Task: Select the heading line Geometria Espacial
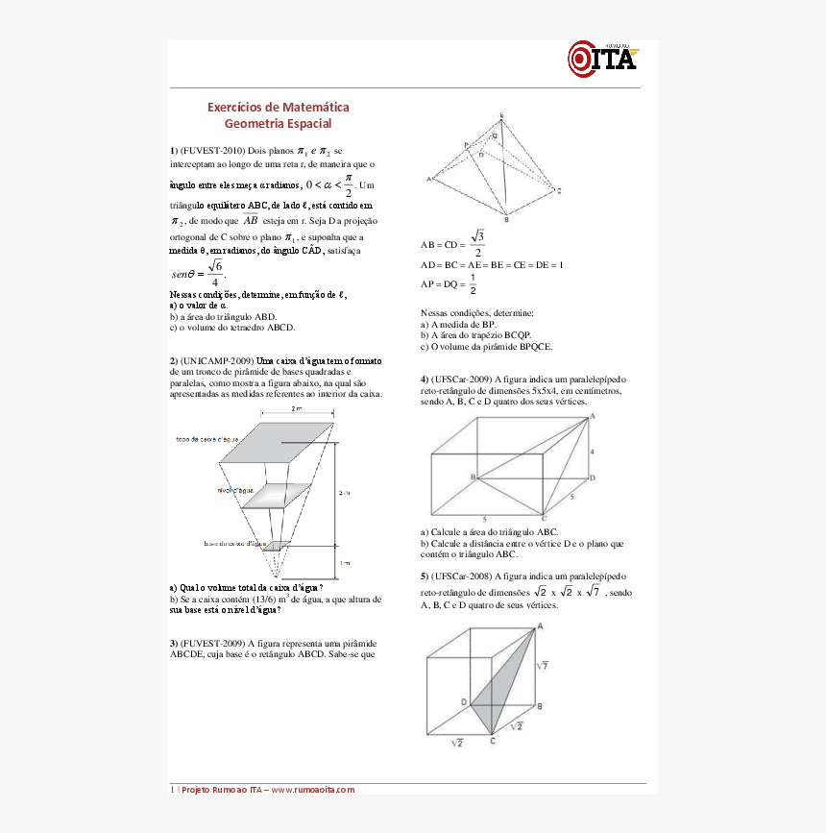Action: [278, 123]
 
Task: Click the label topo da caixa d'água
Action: [206, 439]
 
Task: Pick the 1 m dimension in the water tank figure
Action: [345, 563]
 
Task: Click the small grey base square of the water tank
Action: [277, 546]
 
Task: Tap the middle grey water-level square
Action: [279, 494]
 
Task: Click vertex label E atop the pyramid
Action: [500, 115]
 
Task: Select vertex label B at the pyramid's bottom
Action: [506, 220]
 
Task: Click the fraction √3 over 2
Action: [477, 244]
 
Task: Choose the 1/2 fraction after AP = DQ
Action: [472, 284]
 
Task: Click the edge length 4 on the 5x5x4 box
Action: [593, 450]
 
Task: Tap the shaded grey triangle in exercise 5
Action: [504, 687]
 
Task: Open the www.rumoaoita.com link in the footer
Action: [312, 789]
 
